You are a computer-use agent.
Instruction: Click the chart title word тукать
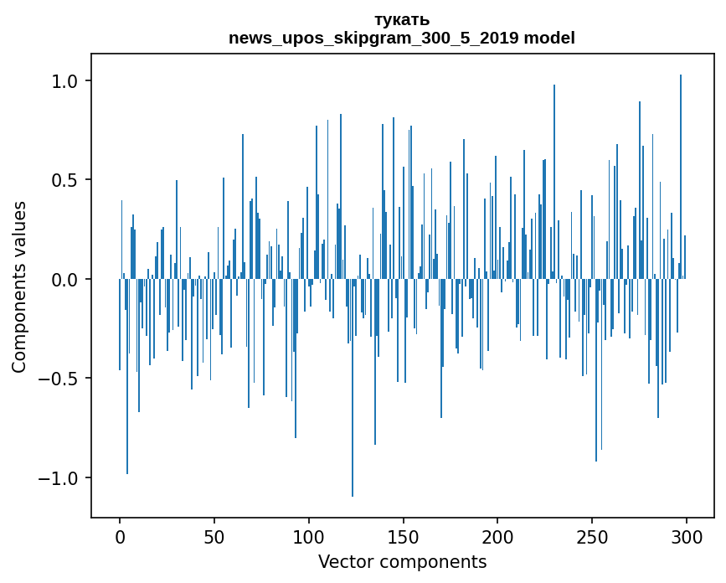pyautogui.click(x=402, y=19)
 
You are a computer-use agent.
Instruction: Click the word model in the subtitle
pyautogui.click(x=549, y=38)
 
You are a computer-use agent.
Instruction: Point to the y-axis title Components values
pyautogui.click(x=19, y=286)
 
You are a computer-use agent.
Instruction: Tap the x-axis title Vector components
pyautogui.click(x=402, y=561)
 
